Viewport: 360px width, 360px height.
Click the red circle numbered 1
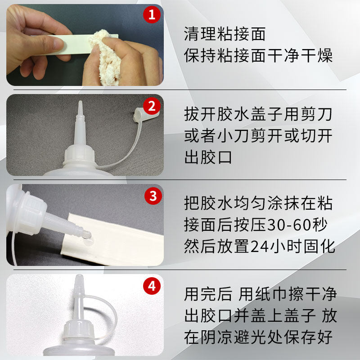pos(152,14)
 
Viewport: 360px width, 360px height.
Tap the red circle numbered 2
pos(152,106)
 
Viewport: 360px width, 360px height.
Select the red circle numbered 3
pos(153,196)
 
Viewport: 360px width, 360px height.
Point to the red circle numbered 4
pos(152,286)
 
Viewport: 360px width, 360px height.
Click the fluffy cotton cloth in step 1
pos(106,58)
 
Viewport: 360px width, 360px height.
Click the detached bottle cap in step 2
pos(145,114)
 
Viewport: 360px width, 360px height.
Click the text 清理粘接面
pos(225,34)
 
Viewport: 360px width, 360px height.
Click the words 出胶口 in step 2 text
pos(208,157)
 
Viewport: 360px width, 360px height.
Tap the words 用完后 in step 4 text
pos(208,294)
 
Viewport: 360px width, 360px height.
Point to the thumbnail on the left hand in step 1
pos(56,44)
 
